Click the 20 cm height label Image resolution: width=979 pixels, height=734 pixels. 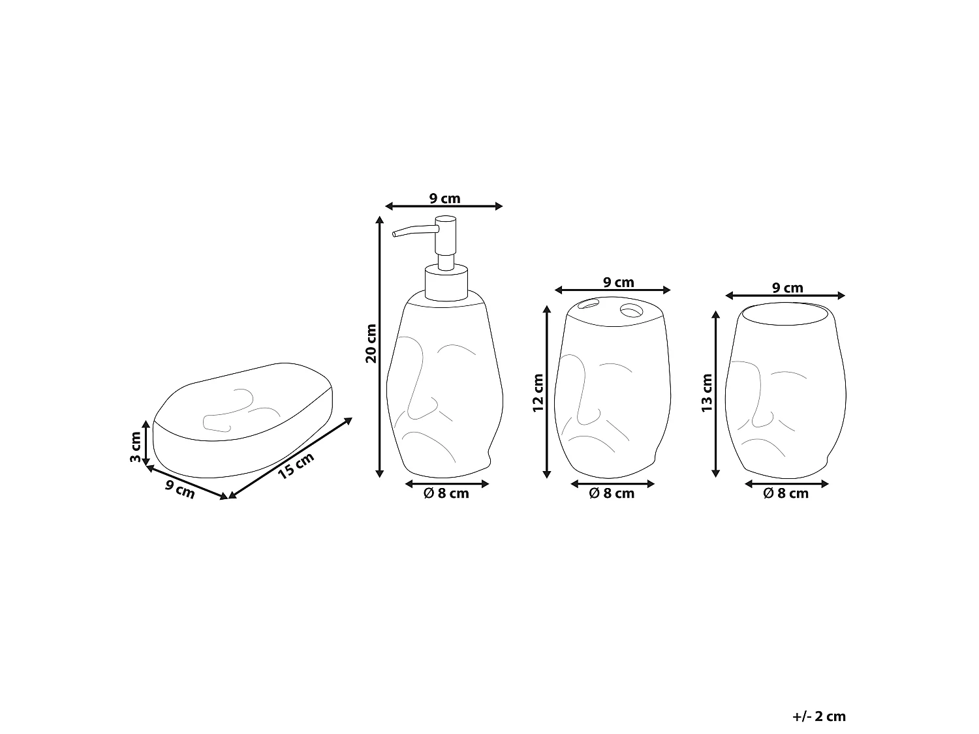click(x=371, y=343)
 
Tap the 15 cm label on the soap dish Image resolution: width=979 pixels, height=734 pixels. click(x=296, y=466)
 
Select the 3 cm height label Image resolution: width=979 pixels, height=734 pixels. click(x=135, y=447)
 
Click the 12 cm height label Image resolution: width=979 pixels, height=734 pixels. click(x=538, y=393)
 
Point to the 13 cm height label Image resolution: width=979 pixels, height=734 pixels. click(x=707, y=393)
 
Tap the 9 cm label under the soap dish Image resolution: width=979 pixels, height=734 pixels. click(x=180, y=489)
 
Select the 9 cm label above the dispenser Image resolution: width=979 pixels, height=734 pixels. click(x=444, y=198)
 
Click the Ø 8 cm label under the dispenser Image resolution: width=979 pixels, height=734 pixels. click(x=446, y=494)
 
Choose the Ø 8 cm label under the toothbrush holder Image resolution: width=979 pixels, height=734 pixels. click(x=612, y=494)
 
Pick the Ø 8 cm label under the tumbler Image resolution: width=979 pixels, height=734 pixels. click(x=786, y=494)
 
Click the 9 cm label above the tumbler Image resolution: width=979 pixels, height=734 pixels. click(x=788, y=288)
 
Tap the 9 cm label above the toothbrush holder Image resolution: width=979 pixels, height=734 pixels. click(x=618, y=283)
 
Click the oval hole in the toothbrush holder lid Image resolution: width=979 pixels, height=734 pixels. click(x=589, y=303)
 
